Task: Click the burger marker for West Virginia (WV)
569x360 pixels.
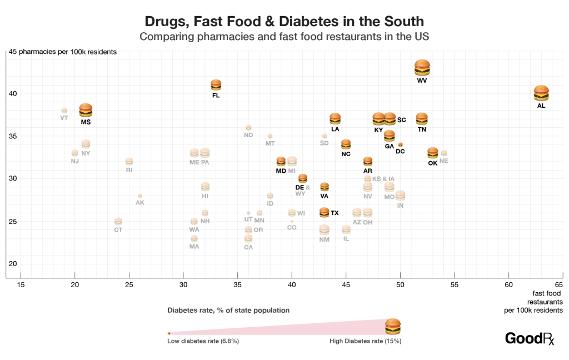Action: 422,68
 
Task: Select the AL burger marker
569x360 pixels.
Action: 541,93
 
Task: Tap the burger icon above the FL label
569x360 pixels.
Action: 216,84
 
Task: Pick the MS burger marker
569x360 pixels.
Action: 86,110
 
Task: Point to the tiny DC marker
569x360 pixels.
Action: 400,144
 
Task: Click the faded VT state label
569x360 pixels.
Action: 64,118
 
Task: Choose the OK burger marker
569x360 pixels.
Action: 433,153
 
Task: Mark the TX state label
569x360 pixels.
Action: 335,213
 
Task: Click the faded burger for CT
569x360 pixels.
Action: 118,221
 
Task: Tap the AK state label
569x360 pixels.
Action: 140,203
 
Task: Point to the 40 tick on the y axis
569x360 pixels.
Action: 12,93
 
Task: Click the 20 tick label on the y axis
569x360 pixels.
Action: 12,264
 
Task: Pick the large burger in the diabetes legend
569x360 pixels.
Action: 393,326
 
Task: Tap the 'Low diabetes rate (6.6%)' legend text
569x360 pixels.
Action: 203,341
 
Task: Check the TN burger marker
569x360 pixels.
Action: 422,118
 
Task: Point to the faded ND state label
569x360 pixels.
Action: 248,135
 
